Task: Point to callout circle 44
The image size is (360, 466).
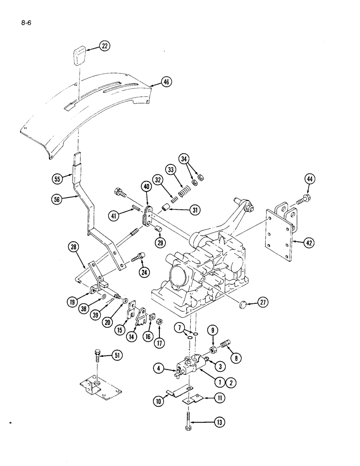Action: click(x=311, y=179)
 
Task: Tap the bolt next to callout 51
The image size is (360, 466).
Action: click(x=97, y=358)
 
